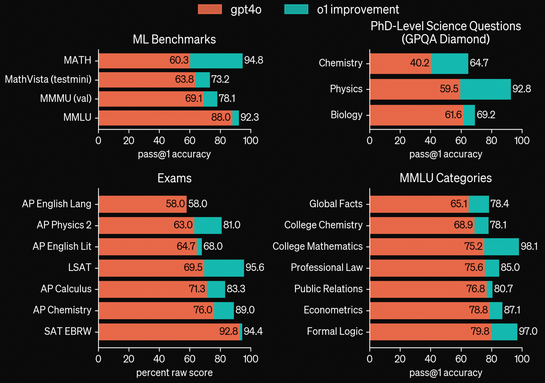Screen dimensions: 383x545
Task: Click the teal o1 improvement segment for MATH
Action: coord(216,61)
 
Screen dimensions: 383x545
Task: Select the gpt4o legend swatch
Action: coord(210,9)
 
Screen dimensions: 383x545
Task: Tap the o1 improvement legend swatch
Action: coord(296,9)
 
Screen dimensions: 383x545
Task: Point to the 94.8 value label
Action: coord(254,60)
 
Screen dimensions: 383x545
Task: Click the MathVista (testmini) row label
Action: coord(48,79)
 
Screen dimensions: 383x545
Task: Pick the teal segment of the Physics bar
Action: coord(485,89)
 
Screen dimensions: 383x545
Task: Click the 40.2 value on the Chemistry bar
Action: coord(419,63)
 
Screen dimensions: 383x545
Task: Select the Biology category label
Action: coord(346,115)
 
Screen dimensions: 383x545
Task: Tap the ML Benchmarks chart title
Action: coord(174,39)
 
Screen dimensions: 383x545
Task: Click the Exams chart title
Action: coord(174,178)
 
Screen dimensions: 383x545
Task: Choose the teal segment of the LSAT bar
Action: coord(224,268)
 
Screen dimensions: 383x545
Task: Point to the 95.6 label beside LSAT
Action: coord(255,268)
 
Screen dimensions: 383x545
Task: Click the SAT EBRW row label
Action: coord(68,331)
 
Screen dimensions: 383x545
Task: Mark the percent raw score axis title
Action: coord(174,373)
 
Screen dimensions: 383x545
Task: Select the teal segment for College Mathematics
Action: coord(501,246)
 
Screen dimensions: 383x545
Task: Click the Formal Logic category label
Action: coord(335,331)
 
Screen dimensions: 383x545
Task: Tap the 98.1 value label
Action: coord(529,246)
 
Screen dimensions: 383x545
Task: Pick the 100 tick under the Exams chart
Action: coord(251,359)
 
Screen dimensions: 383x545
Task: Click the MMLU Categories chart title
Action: coord(446,178)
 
